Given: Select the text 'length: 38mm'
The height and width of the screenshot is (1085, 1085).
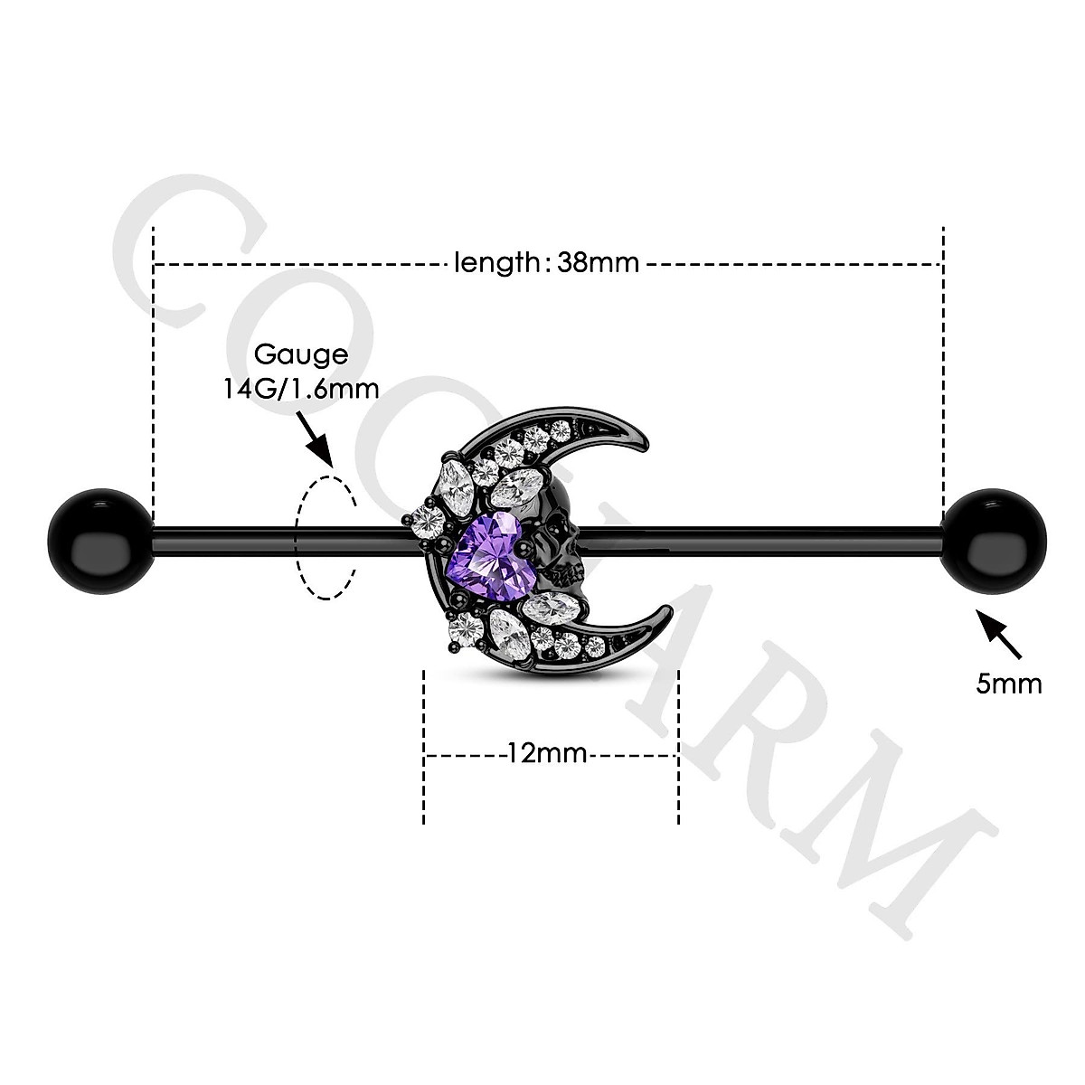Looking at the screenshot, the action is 546,263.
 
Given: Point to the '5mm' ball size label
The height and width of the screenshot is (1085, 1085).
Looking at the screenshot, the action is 1008,683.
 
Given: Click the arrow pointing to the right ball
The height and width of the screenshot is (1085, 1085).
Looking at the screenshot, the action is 1000,633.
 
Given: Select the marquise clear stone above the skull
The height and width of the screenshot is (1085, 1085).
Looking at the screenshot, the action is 518,486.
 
